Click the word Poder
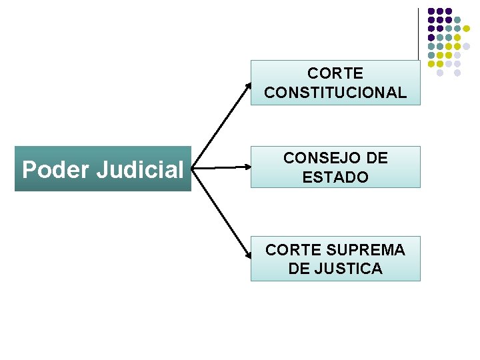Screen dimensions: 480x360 point(56,170)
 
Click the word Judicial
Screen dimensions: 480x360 point(139,170)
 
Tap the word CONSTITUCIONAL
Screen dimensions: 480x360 point(335,92)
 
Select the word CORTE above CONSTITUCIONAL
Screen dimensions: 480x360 point(335,73)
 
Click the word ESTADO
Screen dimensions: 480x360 point(335,177)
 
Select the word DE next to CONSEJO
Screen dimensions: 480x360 point(377,158)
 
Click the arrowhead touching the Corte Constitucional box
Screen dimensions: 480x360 point(249,86)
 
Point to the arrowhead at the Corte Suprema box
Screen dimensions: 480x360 point(248,255)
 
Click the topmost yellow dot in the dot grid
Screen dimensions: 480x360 point(466,29)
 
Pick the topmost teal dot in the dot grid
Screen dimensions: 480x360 point(457,20)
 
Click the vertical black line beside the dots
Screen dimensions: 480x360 point(418,33)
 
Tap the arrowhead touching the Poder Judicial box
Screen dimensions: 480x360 point(195,169)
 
